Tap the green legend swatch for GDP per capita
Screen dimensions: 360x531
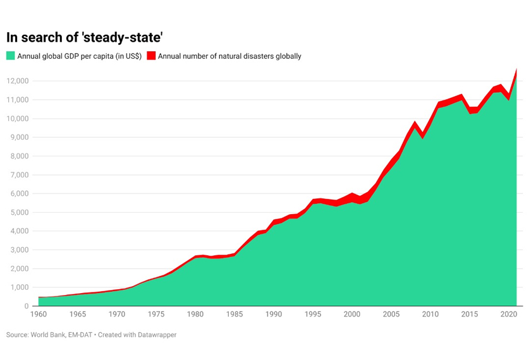(10, 56)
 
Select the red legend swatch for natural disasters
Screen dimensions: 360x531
(151, 56)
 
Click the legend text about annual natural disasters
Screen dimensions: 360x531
(229, 56)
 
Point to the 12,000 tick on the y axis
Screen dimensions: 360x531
(18, 81)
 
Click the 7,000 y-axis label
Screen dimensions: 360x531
(20, 175)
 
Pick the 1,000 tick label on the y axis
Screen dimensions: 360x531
(20, 287)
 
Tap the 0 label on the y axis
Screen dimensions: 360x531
(27, 306)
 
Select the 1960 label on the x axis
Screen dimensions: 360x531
(39, 315)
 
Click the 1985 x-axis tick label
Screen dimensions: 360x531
(235, 315)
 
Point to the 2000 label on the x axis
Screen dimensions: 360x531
(352, 315)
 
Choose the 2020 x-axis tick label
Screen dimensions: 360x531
(509, 315)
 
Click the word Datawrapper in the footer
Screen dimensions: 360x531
(156, 335)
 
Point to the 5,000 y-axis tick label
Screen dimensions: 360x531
(20, 212)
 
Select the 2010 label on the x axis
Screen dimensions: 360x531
(430, 315)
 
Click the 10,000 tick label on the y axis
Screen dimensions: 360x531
(18, 119)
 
